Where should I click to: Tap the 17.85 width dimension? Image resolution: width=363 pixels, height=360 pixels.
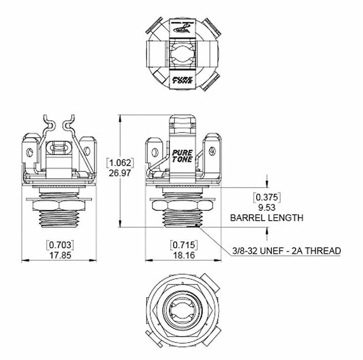(x=60, y=254)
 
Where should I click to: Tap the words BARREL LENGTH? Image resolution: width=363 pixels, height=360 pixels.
(x=266, y=218)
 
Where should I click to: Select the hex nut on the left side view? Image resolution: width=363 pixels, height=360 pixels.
(x=60, y=205)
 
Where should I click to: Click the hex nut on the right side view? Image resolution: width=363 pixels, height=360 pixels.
(x=183, y=205)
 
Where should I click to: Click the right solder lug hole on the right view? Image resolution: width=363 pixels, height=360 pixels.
(x=212, y=152)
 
